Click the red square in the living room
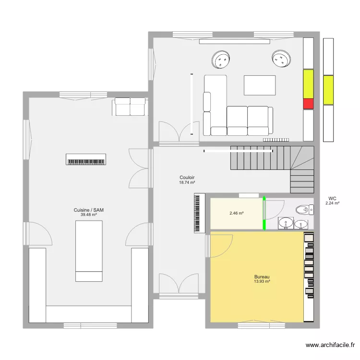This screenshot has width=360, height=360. [308, 104]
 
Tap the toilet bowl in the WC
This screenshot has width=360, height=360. [302, 209]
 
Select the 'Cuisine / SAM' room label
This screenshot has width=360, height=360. [88, 210]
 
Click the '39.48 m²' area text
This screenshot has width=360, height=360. [88, 215]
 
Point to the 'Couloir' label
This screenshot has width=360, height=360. [187, 178]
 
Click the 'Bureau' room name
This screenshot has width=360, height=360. [262, 277]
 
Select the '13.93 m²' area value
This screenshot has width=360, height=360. [262, 282]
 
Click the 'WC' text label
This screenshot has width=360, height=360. [332, 198]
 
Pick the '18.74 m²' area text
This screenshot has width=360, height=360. [187, 182]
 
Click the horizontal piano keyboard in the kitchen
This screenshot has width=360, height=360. [86, 159]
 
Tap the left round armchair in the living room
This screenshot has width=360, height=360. [221, 60]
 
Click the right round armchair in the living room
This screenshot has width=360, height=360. [281, 59]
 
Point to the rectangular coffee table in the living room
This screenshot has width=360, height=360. [260, 85]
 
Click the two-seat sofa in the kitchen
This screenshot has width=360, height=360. [130, 107]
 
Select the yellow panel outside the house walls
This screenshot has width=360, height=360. [328, 90]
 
